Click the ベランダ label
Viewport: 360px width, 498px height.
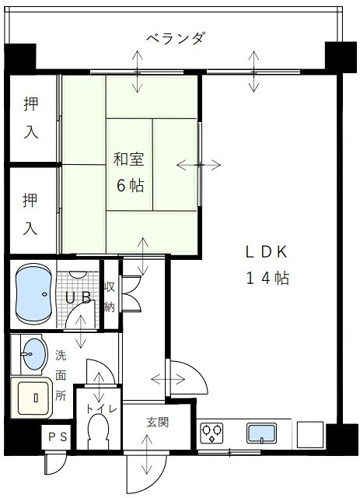[176, 38]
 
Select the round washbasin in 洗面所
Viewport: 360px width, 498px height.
[33, 355]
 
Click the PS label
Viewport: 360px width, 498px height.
[58, 438]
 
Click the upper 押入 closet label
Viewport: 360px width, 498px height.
[30, 117]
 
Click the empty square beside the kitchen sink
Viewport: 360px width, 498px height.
[309, 432]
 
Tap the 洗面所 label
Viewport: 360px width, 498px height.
[61, 375]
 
